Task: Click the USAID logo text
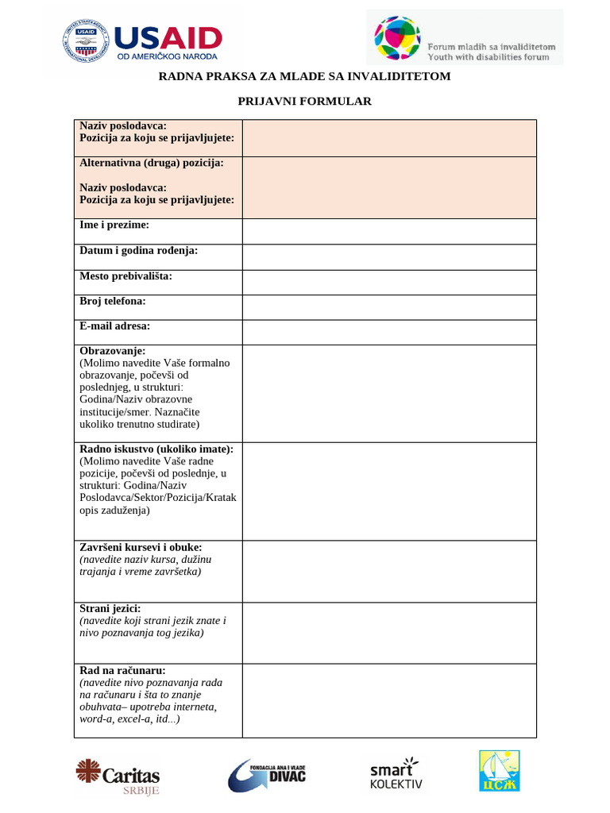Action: click(x=168, y=37)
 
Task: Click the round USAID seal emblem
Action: click(x=84, y=40)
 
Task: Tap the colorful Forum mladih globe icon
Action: click(x=397, y=38)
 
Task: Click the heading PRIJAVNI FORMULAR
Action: click(x=305, y=101)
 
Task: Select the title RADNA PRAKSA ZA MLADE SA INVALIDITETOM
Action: click(x=305, y=76)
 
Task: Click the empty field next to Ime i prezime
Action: click(x=389, y=232)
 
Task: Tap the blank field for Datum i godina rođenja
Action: click(x=389, y=257)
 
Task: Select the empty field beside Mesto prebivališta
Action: click(x=389, y=283)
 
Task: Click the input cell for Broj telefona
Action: click(x=389, y=308)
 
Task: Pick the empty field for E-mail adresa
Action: click(x=389, y=333)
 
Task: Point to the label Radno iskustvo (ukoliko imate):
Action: click(x=156, y=449)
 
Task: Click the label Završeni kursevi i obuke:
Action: click(x=141, y=548)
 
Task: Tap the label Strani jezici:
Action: click(x=110, y=608)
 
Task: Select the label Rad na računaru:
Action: click(x=122, y=671)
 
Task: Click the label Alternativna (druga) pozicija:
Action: click(x=151, y=163)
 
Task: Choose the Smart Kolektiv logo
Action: click(x=396, y=774)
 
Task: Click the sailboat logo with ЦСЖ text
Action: click(x=500, y=772)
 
